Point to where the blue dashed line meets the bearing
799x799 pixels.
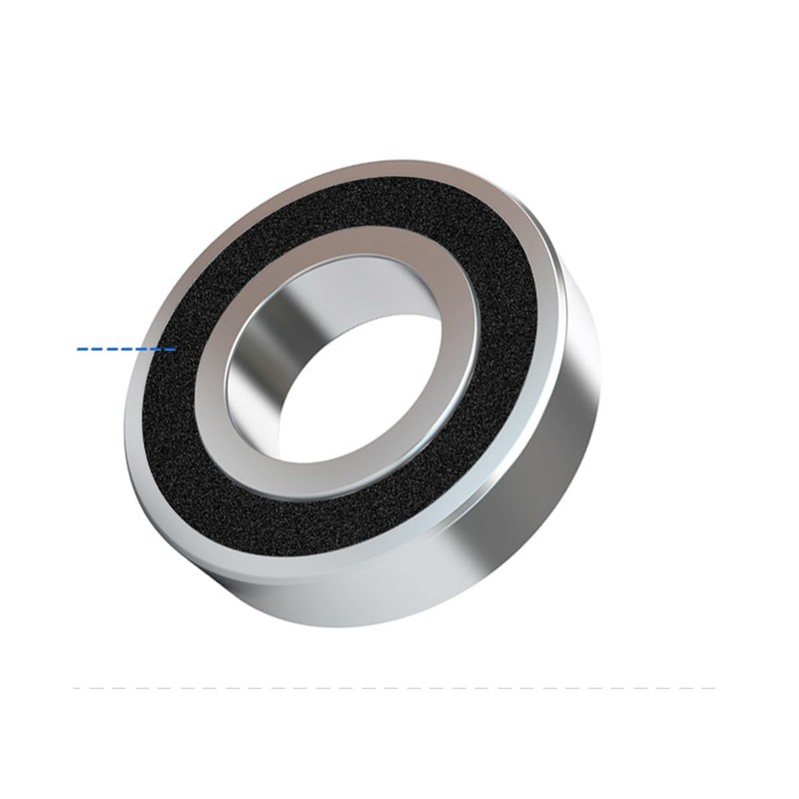[175, 349]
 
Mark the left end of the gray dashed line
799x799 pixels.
[76, 687]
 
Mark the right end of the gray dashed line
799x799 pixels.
[715, 687]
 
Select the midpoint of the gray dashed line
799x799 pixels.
[396, 687]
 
